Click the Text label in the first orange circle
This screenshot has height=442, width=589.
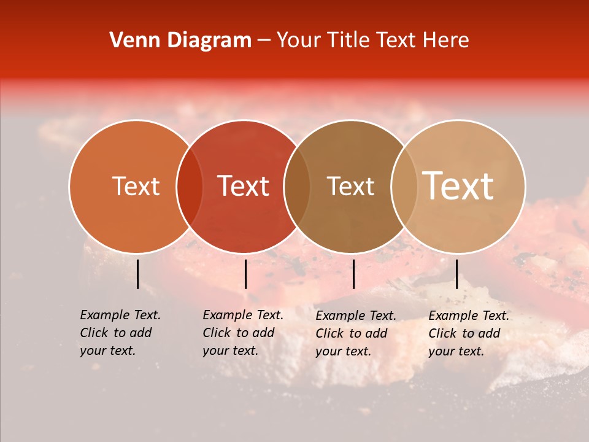(x=136, y=186)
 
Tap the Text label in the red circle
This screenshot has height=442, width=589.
(x=244, y=186)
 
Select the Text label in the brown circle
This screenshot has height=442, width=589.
(x=351, y=186)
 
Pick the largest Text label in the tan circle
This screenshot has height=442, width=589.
(x=458, y=186)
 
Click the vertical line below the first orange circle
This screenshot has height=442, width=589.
(x=137, y=274)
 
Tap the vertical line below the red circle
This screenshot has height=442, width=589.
(x=245, y=274)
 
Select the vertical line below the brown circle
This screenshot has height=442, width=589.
(x=353, y=274)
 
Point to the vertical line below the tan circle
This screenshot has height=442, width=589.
(x=456, y=274)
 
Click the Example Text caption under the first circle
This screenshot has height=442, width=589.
(x=120, y=333)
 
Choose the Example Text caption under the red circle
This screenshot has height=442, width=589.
(x=243, y=333)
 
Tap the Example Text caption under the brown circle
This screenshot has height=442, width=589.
(x=356, y=333)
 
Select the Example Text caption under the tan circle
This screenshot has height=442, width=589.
(x=469, y=333)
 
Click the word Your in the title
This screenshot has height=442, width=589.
(x=299, y=41)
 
